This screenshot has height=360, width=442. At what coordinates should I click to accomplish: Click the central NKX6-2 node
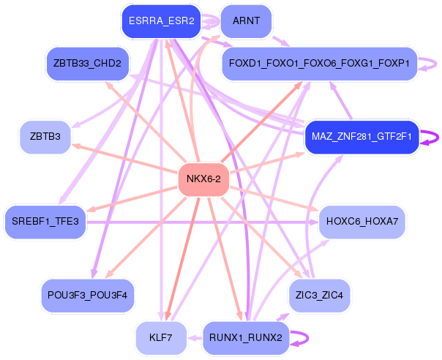coord(204,179)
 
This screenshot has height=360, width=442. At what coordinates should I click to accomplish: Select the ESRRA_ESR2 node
coord(161,21)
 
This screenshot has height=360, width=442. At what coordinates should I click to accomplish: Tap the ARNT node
coord(246,21)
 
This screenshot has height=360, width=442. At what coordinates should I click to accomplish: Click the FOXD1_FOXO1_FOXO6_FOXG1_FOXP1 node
coord(319,63)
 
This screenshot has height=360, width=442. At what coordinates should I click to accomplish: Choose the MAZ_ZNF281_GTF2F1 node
coord(362,136)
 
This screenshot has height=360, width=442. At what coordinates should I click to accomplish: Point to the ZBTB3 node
coord(45,136)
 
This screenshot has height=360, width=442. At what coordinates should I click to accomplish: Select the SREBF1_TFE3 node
coord(45,220)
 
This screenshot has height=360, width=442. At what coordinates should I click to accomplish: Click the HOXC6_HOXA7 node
coord(362,220)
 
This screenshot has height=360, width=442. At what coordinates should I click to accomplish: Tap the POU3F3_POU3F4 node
coord(87,295)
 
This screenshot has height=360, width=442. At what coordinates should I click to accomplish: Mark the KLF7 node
coord(160,337)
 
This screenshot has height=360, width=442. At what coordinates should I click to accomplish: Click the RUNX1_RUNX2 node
coord(246,337)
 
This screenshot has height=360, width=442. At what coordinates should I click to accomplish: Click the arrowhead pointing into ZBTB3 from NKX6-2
coord(76,146)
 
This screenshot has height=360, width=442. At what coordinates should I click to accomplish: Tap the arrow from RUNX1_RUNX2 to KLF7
coord(194,337)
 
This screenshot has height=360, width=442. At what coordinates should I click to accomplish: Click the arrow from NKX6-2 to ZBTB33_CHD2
coord(146,117)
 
